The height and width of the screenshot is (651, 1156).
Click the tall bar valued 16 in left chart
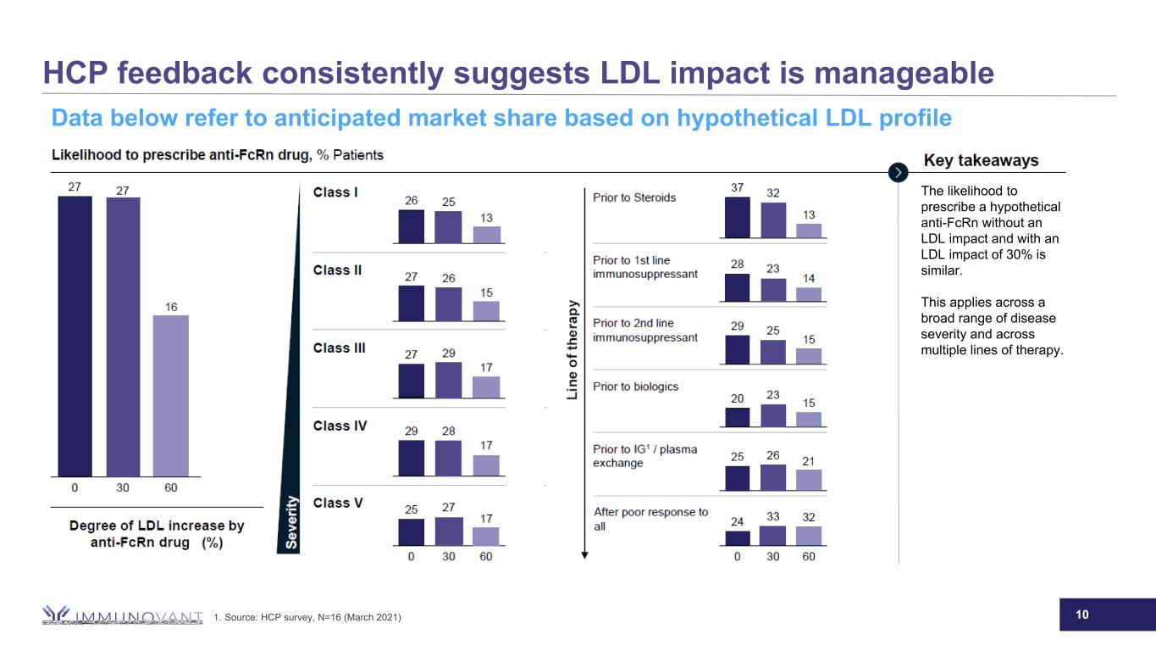tap(170, 395)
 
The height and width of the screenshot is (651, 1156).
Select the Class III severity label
tap(339, 348)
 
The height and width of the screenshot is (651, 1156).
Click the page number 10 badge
tap(1081, 614)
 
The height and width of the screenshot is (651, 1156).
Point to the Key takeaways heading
tap(981, 160)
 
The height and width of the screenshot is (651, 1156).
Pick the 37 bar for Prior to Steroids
tap(737, 217)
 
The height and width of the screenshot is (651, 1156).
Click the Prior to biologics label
tap(635, 387)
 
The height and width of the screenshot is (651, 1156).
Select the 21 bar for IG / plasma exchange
tap(809, 480)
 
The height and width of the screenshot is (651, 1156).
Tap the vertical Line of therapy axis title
tap(573, 350)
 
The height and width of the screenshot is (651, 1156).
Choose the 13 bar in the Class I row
tap(486, 235)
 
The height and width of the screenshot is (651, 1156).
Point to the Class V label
tap(338, 503)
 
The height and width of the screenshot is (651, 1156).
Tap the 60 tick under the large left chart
tap(170, 487)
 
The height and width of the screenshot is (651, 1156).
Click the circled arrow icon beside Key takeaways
tap(898, 171)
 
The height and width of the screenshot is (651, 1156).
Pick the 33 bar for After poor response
tap(772, 536)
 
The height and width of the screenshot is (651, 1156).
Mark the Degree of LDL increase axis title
tap(156, 534)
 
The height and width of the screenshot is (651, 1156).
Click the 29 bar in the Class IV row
tap(411, 459)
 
